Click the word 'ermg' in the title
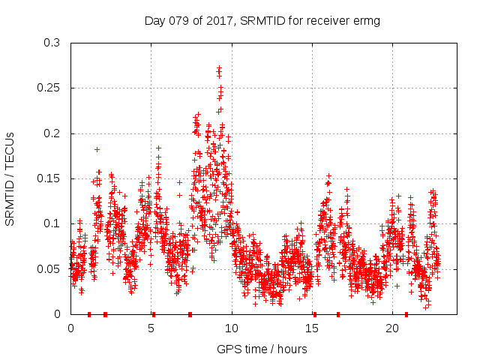pyautogui.click(x=367, y=21)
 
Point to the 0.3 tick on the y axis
pyautogui.click(x=52, y=43)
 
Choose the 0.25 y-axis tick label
pyautogui.click(x=49, y=88)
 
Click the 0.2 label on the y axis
pyautogui.click(x=52, y=133)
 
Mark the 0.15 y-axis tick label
pyautogui.click(x=49, y=178)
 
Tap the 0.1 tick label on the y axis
pyautogui.click(x=52, y=223)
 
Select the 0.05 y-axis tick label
pyautogui.click(x=49, y=268)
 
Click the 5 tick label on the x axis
pyautogui.click(x=151, y=328)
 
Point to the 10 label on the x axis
pyautogui.click(x=232, y=328)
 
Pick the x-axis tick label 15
pyautogui.click(x=312, y=328)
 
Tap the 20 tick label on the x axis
pyautogui.click(x=392, y=328)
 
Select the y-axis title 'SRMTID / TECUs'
pyautogui.click(x=10, y=178)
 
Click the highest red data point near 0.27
pyautogui.click(x=219, y=68)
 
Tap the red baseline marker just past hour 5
pyautogui.click(x=154, y=313)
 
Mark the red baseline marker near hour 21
pyautogui.click(x=406, y=313)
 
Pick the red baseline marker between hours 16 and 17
pyautogui.click(x=338, y=313)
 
